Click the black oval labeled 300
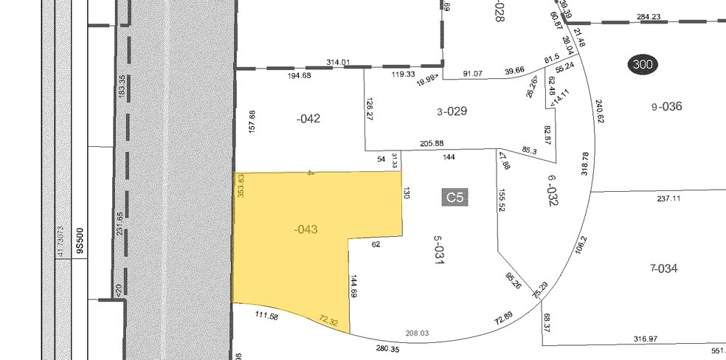pos(643,65)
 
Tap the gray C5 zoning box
pos(454,197)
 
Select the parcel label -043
pos(305,229)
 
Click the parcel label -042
pos(308,118)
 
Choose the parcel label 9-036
pos(667,107)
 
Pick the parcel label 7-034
pos(664,268)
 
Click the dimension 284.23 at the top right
pos(648,17)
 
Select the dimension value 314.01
pos(336,63)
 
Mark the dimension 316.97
pos(645,339)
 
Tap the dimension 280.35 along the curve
pos(387,348)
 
